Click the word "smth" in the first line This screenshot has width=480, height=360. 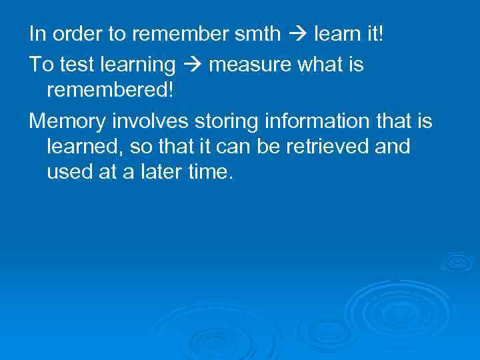(x=262, y=33)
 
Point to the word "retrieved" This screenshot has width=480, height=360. (x=327, y=147)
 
